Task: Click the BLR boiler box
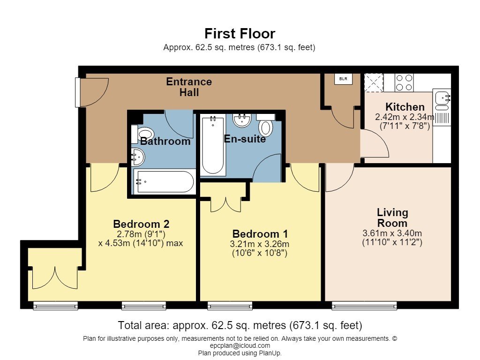tap(343, 79)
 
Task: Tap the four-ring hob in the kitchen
tap(404, 82)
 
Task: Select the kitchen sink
tap(442, 100)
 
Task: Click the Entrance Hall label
tap(189, 87)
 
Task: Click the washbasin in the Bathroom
tap(137, 157)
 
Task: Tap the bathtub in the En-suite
tap(213, 145)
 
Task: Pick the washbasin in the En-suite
tap(242, 120)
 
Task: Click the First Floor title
tap(240, 34)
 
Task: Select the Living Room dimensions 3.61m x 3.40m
tap(392, 233)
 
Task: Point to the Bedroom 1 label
tap(260, 234)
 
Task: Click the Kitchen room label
tap(405, 107)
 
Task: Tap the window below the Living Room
tap(364, 305)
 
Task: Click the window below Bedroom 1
tap(230, 305)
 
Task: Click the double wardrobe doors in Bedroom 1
tap(225, 205)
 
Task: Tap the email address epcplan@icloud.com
tap(240, 345)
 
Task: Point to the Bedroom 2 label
tap(141, 224)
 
